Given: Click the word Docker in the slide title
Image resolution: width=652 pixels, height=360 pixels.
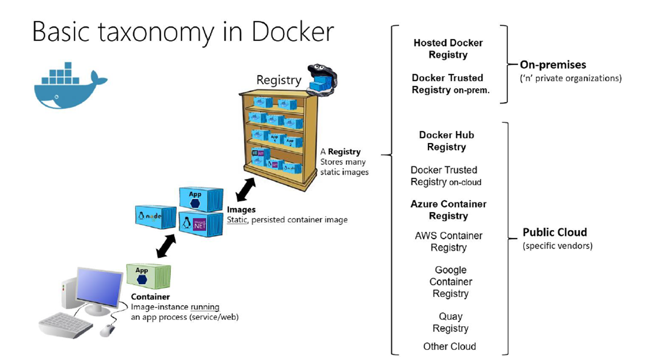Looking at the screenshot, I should [x=293, y=32].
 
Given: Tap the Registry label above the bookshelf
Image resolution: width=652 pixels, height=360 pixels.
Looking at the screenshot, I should [x=279, y=80].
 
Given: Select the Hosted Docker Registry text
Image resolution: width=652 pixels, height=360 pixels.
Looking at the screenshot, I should [x=448, y=49].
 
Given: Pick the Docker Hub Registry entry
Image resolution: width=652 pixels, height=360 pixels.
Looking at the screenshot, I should [x=446, y=141].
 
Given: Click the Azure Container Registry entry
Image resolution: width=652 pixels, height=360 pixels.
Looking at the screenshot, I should [x=448, y=210].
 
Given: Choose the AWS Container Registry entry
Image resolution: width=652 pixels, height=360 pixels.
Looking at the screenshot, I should [x=448, y=241].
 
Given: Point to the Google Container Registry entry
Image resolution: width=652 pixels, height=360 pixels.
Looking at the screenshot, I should [x=450, y=282].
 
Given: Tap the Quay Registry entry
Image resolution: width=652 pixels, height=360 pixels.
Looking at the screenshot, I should [x=450, y=322].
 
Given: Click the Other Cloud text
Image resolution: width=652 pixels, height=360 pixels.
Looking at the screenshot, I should [x=450, y=346].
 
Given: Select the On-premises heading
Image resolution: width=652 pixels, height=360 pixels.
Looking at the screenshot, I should [x=553, y=65].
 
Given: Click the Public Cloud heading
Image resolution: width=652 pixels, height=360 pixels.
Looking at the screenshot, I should [x=555, y=232].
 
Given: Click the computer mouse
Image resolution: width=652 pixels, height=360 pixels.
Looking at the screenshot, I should [x=107, y=330].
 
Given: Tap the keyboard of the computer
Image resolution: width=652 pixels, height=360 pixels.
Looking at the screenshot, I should [x=66, y=325].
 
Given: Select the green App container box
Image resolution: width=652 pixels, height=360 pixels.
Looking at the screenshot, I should [x=148, y=276].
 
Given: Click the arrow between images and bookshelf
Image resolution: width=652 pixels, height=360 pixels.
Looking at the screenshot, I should [x=246, y=190].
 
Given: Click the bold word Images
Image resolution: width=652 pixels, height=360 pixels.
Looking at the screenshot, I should [x=241, y=210].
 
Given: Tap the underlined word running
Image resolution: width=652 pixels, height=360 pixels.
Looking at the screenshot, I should [x=205, y=307].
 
